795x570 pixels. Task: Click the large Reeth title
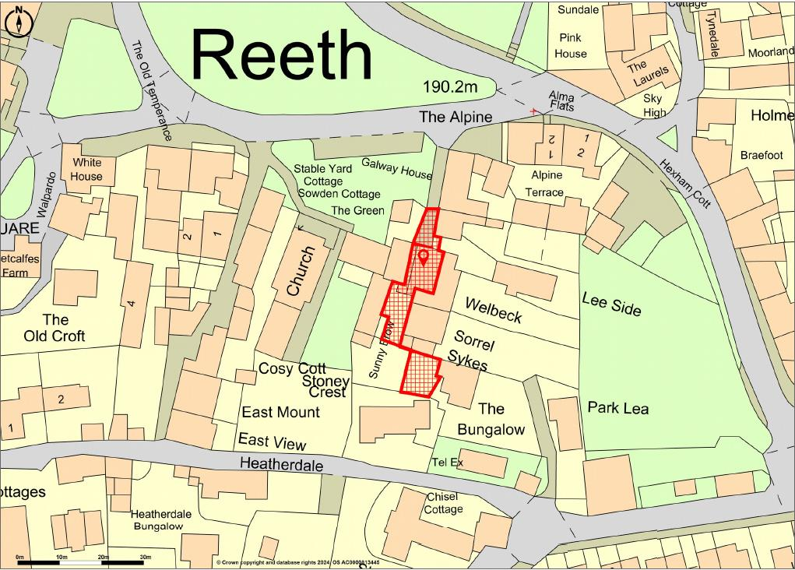282,55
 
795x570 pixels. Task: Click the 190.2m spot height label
450,87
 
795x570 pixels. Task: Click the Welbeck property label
493,309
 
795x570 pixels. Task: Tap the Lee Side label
611,304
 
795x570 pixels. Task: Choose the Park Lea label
617,407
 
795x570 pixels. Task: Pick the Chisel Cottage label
442,503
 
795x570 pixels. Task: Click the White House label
86,169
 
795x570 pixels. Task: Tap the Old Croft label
55,328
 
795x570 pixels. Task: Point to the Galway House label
396,168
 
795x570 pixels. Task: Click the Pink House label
571,45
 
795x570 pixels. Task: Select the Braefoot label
761,155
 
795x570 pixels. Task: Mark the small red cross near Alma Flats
533,112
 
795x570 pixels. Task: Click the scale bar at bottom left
82,561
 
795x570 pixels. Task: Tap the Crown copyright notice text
309,562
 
